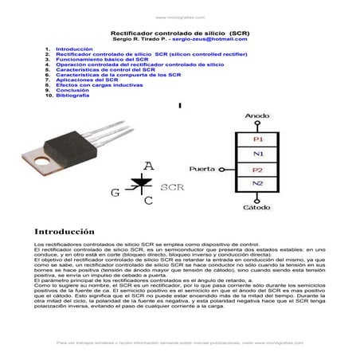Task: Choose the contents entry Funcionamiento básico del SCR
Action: [x=98, y=59]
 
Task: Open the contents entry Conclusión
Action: [x=72, y=90]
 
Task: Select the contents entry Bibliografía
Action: [x=73, y=96]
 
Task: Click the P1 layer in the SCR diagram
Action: [x=258, y=139]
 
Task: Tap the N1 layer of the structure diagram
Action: [x=258, y=154]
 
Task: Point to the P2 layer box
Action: [x=258, y=170]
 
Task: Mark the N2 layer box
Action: [x=258, y=184]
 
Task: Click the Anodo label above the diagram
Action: [x=257, y=116]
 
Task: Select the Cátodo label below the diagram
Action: [x=256, y=206]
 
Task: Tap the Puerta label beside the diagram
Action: [x=202, y=170]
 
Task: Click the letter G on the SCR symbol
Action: [x=115, y=192]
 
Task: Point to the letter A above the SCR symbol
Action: [x=148, y=166]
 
